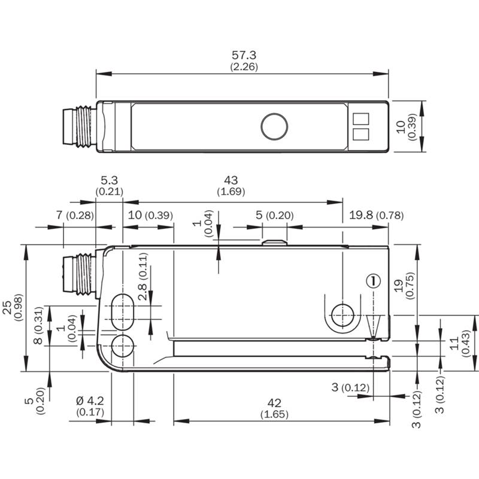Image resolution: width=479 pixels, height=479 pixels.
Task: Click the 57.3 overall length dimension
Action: pyautogui.click(x=244, y=55)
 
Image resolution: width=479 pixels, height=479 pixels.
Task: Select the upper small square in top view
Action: pyautogui.click(x=361, y=119)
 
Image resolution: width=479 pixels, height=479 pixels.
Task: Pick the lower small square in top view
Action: pyautogui.click(x=361, y=134)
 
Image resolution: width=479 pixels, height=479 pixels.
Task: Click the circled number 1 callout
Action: pyautogui.click(x=373, y=281)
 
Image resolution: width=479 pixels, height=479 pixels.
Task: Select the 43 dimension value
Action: pyautogui.click(x=231, y=180)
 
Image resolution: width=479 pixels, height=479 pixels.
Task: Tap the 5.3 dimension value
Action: pyautogui.click(x=110, y=180)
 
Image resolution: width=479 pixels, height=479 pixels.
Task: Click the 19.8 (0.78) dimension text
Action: pyautogui.click(x=377, y=216)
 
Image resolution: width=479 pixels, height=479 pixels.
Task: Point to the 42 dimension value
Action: pyautogui.click(x=274, y=403)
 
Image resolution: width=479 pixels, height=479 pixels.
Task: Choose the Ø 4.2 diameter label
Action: pyautogui.click(x=90, y=401)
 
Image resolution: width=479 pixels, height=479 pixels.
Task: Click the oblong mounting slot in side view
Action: pyautogui.click(x=123, y=312)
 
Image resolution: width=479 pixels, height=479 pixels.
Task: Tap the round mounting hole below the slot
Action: pyautogui.click(x=123, y=346)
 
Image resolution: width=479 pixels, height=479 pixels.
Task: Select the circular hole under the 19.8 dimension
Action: pyautogui.click(x=342, y=316)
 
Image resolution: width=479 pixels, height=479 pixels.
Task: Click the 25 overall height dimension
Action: pyautogui.click(x=7, y=308)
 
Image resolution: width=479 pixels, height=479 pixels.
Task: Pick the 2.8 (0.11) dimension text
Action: pyautogui.click(x=143, y=277)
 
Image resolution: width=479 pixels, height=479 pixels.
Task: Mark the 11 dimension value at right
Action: pyautogui.click(x=454, y=343)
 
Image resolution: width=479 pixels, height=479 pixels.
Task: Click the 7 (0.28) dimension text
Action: pyautogui.click(x=75, y=216)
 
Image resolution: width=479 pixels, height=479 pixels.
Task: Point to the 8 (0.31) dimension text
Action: pyautogui.click(x=38, y=325)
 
